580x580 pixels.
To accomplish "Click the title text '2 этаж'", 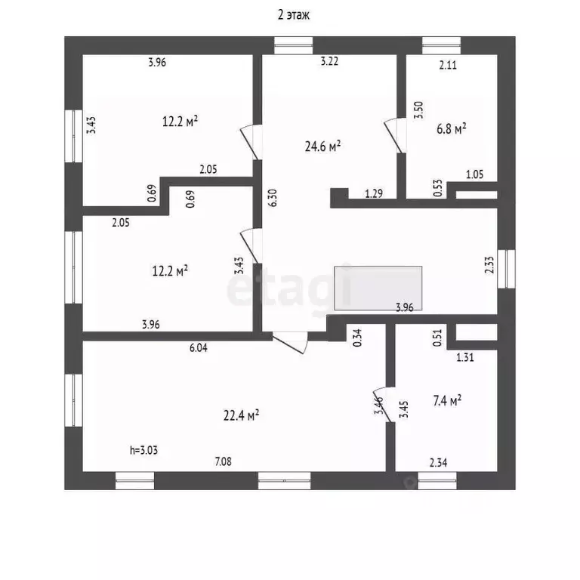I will tap(290, 14).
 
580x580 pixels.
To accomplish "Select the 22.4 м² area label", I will tap(242, 415).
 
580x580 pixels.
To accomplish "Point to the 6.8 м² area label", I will tap(452, 129).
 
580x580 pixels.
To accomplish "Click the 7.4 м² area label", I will tap(446, 401).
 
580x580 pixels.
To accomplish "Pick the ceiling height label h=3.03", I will tap(143, 450).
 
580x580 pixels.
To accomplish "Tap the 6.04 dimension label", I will tap(198, 348).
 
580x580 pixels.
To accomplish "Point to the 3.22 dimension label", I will tap(329, 62).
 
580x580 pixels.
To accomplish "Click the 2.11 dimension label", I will tap(449, 65).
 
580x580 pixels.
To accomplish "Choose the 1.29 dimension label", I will tap(373, 194).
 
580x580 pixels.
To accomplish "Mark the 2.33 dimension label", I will tap(489, 265).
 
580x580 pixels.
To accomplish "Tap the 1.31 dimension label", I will tap(464, 358).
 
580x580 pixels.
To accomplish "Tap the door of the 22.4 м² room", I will tap(291, 342).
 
